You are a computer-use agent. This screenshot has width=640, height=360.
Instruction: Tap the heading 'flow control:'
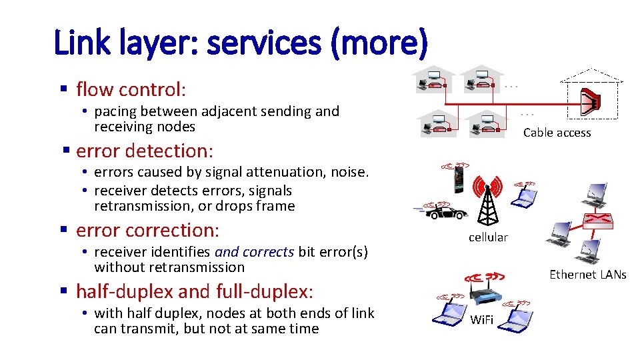click(131, 89)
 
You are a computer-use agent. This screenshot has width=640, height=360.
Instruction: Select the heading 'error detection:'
click(143, 150)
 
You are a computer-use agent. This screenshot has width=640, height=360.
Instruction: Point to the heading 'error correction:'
click(147, 230)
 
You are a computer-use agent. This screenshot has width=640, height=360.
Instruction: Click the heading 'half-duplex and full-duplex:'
click(195, 291)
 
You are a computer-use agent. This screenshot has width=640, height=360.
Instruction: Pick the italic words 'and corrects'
click(254, 252)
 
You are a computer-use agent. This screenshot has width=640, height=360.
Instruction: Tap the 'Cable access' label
click(557, 133)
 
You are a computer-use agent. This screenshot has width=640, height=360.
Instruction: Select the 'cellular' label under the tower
click(488, 237)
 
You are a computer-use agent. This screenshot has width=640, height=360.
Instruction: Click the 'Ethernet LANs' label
click(587, 274)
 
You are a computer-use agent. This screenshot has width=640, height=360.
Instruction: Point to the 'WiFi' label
click(481, 320)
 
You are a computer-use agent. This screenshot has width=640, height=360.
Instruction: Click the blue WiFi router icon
click(484, 293)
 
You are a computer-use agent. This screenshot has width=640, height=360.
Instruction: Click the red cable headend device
click(590, 100)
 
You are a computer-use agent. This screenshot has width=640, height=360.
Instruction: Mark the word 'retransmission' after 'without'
click(200, 267)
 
